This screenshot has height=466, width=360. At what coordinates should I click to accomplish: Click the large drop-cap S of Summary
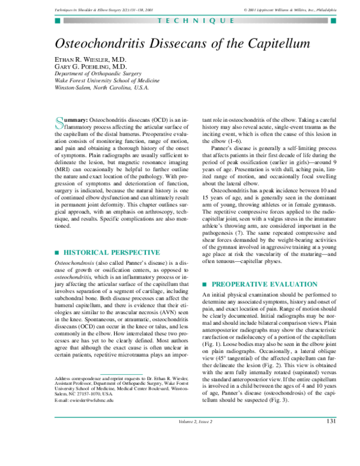(x=59, y=123)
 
